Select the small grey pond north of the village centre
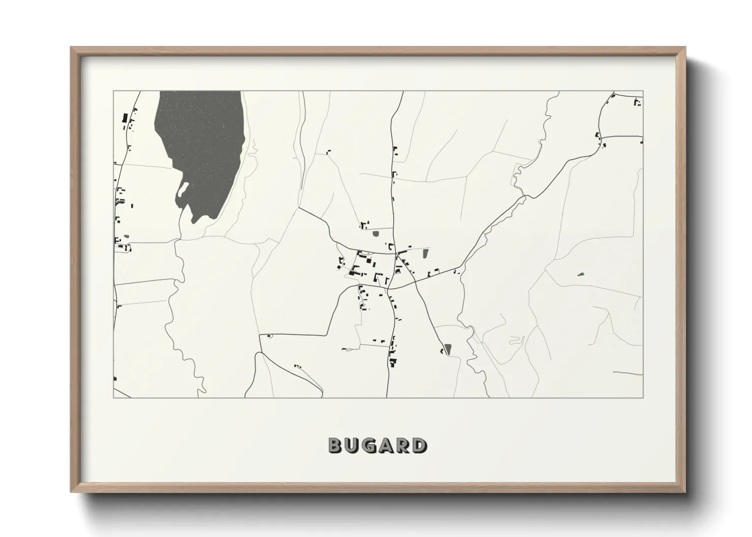(x=376, y=234)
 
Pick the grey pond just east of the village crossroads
(x=426, y=253)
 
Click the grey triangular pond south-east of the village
(x=448, y=349)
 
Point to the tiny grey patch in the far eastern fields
(x=581, y=274)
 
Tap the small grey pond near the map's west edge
(x=126, y=236)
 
